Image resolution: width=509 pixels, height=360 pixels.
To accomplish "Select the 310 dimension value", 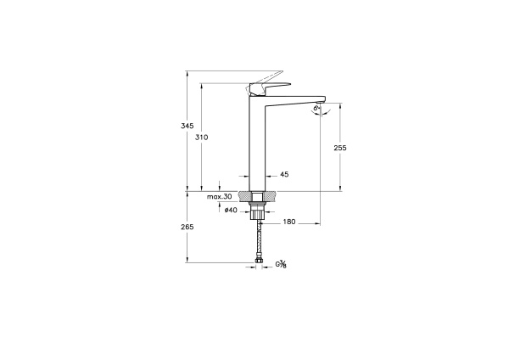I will (201, 137).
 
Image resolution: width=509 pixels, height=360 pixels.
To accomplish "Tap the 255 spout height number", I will (340, 147).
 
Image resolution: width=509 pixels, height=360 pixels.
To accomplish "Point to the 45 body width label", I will (284, 174).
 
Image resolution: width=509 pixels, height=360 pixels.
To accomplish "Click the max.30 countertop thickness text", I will (220, 197).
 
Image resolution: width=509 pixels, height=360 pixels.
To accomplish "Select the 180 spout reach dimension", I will (288, 222).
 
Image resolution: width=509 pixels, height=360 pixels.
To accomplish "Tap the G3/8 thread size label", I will (281, 264).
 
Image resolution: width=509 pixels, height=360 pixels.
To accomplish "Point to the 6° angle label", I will (316, 109).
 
